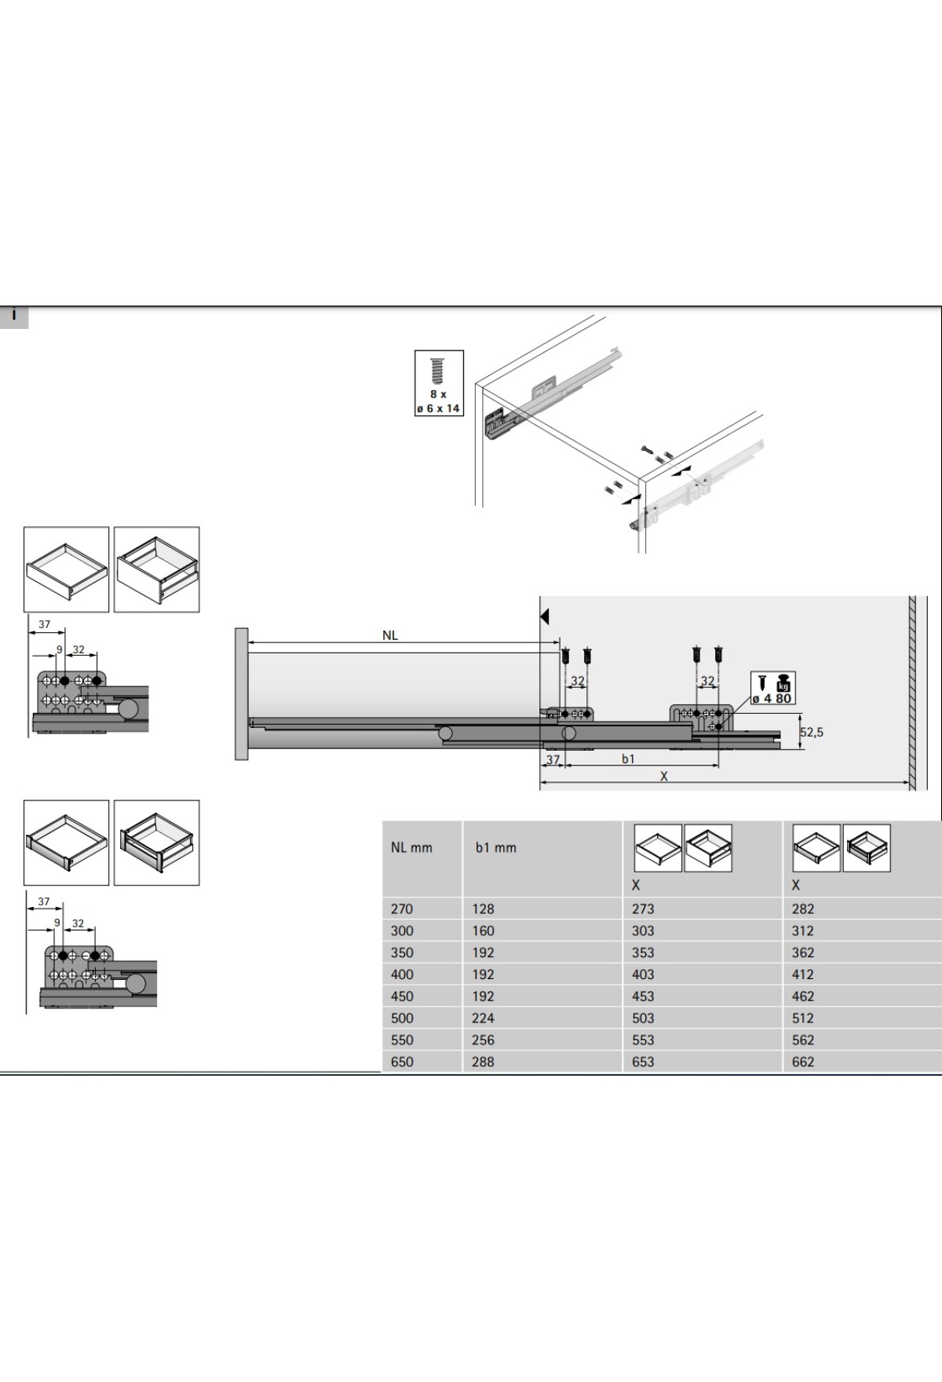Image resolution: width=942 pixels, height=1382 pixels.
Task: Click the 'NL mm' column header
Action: [x=411, y=848]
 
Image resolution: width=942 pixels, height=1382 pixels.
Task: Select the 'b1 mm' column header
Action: [x=495, y=848]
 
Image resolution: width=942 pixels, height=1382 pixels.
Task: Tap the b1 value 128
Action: [x=483, y=909]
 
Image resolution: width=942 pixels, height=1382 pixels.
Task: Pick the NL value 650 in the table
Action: [x=402, y=1062]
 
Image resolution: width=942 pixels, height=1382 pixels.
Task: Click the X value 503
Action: [x=642, y=1018]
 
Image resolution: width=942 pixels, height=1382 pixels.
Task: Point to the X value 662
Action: [x=803, y=1062]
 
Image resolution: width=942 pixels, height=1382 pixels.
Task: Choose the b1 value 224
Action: [x=483, y=1018]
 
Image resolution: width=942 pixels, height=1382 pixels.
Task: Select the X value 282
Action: [x=803, y=909]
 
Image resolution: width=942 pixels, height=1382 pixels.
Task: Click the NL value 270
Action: [x=402, y=909]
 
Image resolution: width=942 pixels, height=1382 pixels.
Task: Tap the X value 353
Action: [x=642, y=952]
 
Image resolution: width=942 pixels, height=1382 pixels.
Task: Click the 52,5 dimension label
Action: [x=812, y=733]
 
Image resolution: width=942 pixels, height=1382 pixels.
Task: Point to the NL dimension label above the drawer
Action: [x=390, y=636]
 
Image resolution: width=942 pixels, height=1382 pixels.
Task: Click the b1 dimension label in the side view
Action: [x=628, y=759]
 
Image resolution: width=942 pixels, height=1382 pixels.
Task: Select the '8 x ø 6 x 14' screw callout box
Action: [x=439, y=382]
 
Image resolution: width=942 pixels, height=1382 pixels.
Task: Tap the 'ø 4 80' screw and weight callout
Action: [x=772, y=689]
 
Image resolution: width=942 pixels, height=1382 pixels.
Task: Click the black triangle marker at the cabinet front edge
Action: [x=545, y=616]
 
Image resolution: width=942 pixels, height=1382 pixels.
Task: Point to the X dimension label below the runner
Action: [x=664, y=777]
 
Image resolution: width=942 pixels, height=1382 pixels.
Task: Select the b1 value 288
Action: [x=483, y=1062]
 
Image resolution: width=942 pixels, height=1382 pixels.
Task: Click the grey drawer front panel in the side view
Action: [x=241, y=693]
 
